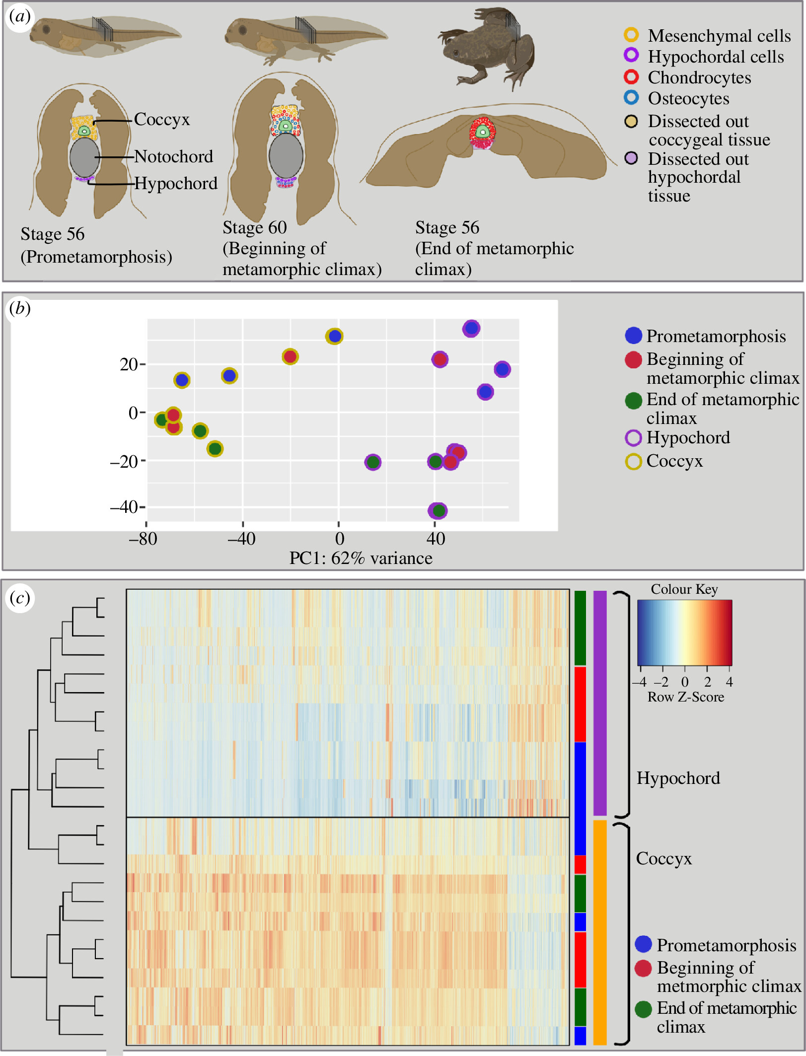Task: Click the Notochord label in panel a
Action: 173,157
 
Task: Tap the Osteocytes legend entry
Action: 688,98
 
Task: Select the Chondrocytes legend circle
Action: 631,77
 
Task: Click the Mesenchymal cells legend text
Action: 719,36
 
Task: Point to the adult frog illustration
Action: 486,47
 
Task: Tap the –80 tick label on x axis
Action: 143,539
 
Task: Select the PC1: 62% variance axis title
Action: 361,558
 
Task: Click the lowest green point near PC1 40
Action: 438,510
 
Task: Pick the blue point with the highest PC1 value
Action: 502,369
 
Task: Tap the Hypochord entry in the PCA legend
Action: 688,437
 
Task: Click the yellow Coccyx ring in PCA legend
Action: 633,461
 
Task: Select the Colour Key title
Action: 684,589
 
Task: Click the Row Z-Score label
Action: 686,697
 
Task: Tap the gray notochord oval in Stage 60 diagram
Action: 286,155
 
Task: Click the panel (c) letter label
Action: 20,598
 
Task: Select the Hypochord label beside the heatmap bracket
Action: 678,778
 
